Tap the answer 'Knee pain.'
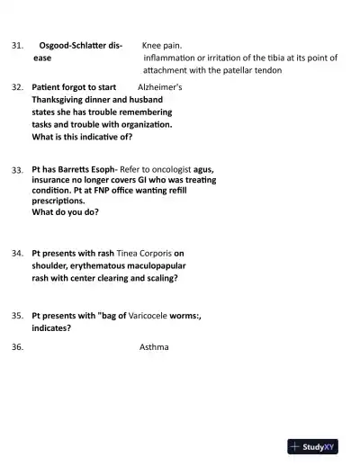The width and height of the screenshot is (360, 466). click(162, 44)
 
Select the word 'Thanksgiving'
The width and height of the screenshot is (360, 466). click(61, 101)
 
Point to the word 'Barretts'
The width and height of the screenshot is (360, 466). click(73, 168)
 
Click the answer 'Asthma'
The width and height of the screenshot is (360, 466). click(154, 347)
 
